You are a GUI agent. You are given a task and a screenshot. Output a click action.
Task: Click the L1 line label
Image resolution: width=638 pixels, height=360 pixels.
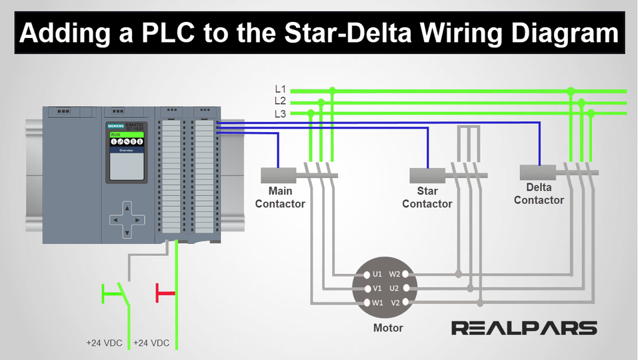tap(280, 89)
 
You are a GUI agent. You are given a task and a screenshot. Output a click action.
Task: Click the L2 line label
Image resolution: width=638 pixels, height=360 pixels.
tap(280, 101)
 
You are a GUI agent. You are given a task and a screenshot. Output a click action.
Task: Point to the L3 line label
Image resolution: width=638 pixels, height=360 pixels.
tap(280, 113)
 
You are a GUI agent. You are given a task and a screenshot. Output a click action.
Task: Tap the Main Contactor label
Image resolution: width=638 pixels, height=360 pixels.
tap(280, 197)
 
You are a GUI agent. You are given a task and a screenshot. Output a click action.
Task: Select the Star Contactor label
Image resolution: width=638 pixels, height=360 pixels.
tap(427, 197)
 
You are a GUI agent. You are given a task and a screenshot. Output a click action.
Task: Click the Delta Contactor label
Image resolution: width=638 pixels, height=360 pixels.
tap(539, 193)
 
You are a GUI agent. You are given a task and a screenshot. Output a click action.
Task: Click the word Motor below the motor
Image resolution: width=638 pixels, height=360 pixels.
tap(388, 327)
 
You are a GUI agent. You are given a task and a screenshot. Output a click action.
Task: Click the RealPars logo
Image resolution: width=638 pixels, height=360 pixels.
tap(524, 327)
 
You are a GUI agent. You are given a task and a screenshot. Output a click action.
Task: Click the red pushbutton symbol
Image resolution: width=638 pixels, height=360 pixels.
tap(165, 292)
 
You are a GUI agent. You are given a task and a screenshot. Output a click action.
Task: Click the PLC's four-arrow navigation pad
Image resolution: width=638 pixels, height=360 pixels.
tap(127, 218)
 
